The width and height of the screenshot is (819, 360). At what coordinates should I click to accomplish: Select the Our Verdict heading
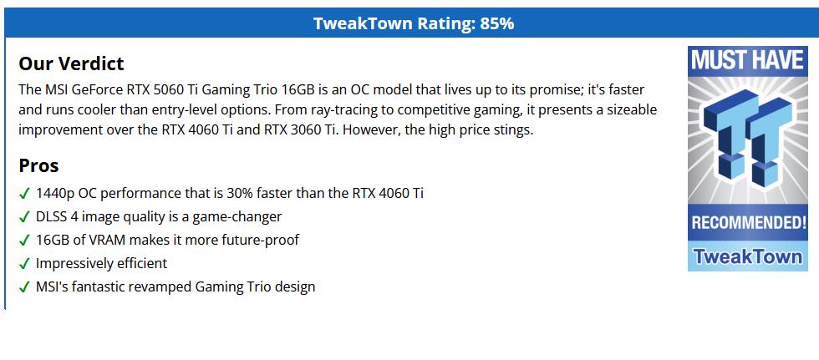coord(71,63)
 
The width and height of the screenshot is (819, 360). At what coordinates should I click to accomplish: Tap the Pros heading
coord(38,165)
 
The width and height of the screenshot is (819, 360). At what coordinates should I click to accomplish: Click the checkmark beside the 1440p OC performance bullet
coord(24,194)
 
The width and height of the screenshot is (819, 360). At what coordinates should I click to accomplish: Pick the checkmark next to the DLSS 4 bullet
coord(24,217)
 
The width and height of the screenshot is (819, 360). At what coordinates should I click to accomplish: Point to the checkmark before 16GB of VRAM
coord(24,241)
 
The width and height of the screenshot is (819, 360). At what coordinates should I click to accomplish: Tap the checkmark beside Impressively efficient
coord(24,264)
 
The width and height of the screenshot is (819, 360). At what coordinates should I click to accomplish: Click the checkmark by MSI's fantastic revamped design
coord(24,287)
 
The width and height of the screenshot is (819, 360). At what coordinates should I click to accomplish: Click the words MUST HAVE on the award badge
coord(747,60)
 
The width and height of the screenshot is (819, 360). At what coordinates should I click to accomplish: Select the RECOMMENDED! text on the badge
coord(749,223)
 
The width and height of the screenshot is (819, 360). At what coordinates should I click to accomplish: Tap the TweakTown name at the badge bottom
coord(748,256)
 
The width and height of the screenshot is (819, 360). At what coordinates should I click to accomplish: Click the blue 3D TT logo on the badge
coord(747,138)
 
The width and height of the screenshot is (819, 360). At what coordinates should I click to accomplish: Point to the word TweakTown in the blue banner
coord(363,23)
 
